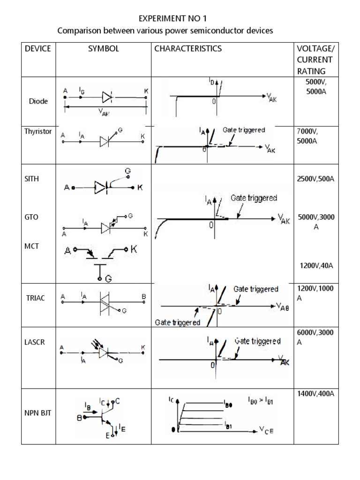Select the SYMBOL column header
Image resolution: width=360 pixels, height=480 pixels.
(x=103, y=48)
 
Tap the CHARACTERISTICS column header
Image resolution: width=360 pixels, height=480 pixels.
(x=188, y=48)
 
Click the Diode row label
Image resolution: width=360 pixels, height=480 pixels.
(x=38, y=101)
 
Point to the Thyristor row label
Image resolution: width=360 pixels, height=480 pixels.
(x=38, y=132)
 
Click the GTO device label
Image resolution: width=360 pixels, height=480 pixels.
(x=31, y=217)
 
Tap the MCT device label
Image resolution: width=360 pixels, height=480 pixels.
(x=31, y=247)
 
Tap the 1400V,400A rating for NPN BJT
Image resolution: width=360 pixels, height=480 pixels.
(x=315, y=394)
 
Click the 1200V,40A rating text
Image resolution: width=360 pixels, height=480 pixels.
(x=316, y=266)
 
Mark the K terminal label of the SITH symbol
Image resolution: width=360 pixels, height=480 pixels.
(x=139, y=187)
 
